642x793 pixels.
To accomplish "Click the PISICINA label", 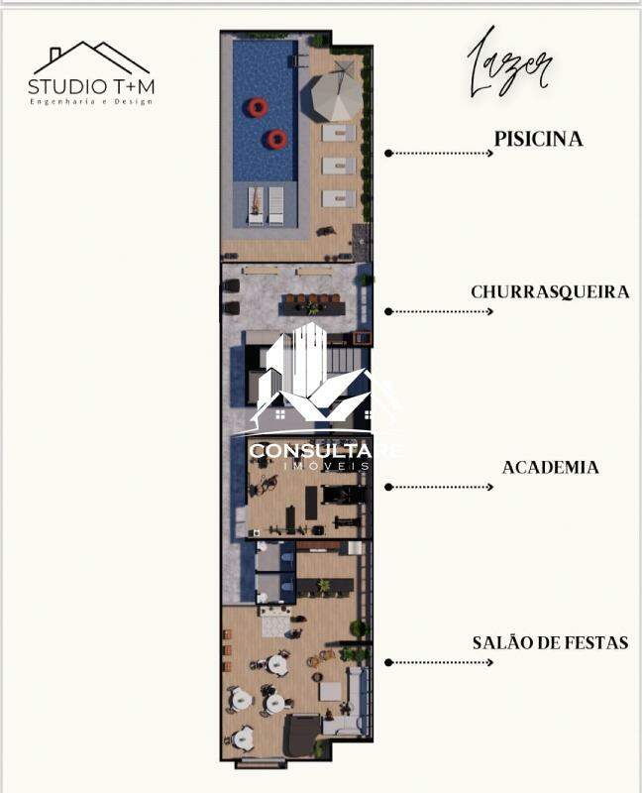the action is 538,139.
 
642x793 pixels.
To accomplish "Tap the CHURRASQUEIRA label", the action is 550,291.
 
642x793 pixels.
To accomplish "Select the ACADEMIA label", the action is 551,467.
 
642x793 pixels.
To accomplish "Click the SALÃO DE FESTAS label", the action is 551,642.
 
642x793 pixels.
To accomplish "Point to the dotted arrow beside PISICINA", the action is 439,154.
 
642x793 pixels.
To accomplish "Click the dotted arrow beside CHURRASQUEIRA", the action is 439,311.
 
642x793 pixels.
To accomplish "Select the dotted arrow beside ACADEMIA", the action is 439,487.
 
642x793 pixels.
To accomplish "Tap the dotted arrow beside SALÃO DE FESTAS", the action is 439,662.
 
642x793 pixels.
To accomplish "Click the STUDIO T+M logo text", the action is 91,86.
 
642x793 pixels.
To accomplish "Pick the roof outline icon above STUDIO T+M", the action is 91,57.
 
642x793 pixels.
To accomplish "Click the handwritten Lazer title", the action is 509,64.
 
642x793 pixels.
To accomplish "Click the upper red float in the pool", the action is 258,107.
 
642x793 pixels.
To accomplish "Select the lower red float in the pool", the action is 277,139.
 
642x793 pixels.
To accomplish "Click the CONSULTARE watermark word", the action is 326,451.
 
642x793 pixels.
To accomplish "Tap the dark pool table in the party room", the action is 302,735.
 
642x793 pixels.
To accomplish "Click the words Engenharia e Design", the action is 91,102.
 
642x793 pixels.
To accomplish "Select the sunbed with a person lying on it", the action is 256,205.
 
